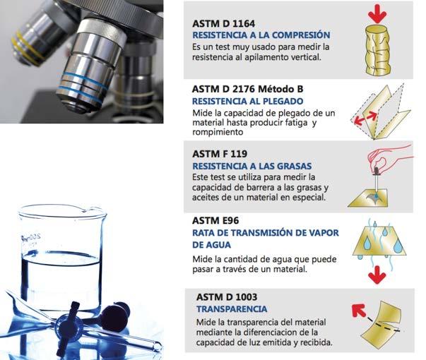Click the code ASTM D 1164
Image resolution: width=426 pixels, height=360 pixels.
223,23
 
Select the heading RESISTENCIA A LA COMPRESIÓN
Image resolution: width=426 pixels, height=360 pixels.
261,35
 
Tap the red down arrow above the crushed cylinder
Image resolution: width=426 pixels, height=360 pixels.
378,13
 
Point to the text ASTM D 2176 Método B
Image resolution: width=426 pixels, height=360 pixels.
247,89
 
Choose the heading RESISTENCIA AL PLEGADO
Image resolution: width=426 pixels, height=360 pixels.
247,101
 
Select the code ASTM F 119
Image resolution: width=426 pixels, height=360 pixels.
220,154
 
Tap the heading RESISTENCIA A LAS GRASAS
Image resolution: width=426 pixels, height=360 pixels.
252,166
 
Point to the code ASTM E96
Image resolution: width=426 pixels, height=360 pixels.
215,220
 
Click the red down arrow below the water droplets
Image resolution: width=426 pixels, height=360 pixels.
377,275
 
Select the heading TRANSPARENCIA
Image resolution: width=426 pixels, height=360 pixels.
232,309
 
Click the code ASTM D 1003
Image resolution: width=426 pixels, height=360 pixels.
227,297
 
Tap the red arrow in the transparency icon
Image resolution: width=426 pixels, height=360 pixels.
359,311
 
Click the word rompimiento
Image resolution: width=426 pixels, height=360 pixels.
218,132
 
